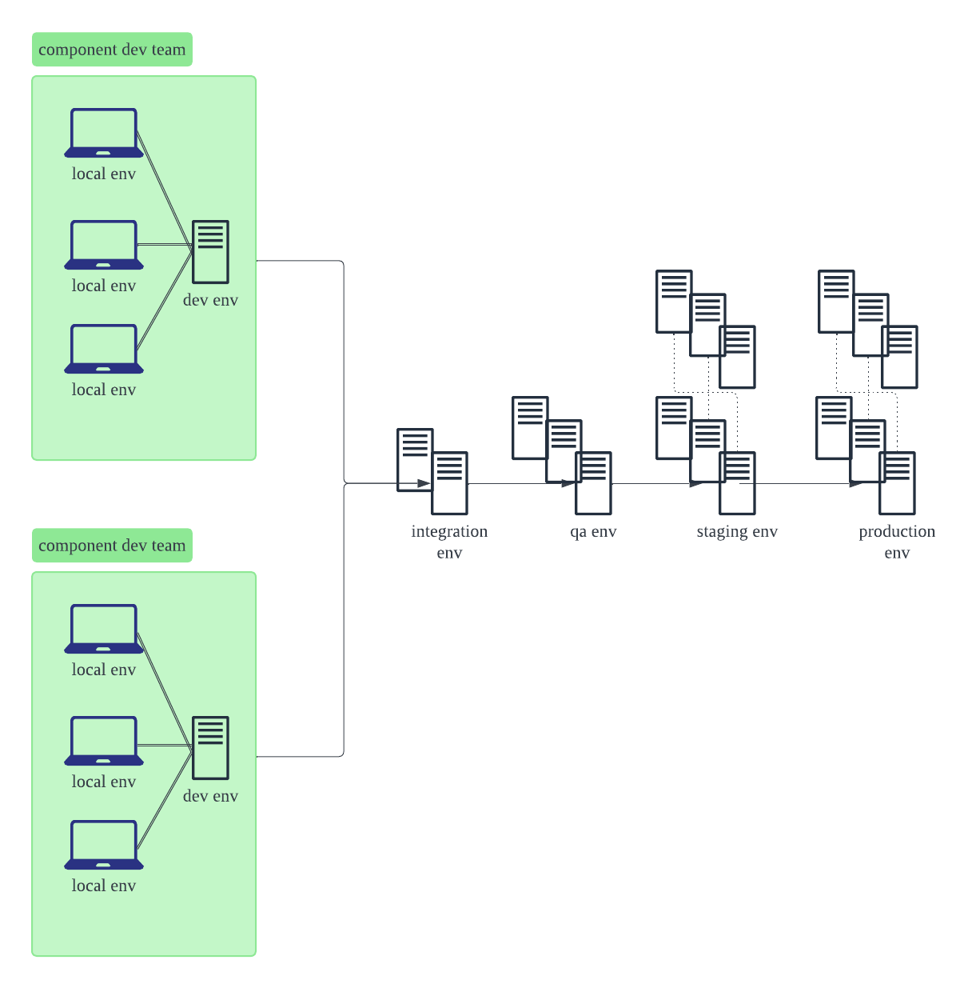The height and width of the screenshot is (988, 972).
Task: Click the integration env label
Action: click(449, 542)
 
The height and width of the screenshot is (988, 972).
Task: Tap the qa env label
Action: click(593, 532)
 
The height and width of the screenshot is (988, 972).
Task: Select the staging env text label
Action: click(736, 532)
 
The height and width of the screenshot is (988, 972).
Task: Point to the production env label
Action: click(897, 542)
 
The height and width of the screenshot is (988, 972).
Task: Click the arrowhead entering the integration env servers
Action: click(424, 483)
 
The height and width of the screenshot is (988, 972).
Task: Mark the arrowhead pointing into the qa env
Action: click(568, 483)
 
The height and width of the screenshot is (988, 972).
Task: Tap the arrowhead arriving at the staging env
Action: click(696, 483)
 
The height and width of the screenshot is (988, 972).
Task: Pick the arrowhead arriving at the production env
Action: click(856, 483)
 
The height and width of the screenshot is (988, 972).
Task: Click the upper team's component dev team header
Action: click(112, 50)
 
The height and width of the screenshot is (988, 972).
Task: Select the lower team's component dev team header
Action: click(112, 546)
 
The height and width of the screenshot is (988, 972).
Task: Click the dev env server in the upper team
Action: click(211, 252)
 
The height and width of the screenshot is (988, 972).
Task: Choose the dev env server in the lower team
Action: click(211, 748)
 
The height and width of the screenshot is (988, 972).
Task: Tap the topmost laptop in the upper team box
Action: click(104, 133)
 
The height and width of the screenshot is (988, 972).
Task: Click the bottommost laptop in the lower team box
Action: click(104, 845)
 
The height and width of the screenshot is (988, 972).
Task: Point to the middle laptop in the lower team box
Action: click(104, 741)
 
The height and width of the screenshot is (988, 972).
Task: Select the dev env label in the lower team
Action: click(210, 796)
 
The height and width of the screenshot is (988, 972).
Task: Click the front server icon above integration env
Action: click(450, 483)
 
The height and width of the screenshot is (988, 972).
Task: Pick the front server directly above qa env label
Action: click(594, 483)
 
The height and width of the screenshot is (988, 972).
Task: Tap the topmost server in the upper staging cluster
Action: click(674, 301)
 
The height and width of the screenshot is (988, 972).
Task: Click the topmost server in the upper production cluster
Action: click(836, 301)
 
